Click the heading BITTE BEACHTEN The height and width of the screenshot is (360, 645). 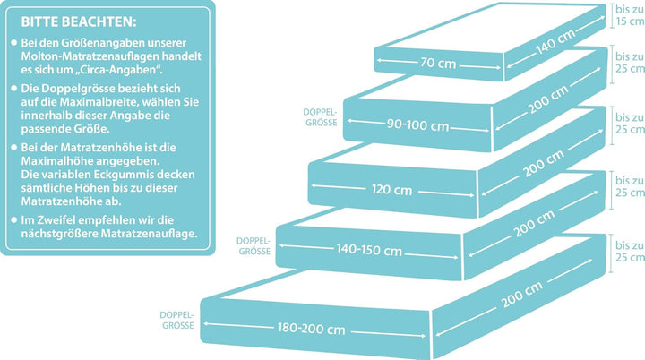[79, 21]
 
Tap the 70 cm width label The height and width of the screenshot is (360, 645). [438, 63]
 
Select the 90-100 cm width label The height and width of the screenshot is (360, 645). [417, 124]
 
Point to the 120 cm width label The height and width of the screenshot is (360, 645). [391, 190]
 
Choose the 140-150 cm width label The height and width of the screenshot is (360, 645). [369, 249]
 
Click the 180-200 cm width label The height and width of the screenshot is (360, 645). [312, 329]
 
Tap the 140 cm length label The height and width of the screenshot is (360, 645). [555, 42]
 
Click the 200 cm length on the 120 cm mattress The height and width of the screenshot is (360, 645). [544, 164]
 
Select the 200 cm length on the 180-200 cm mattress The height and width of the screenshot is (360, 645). [521, 294]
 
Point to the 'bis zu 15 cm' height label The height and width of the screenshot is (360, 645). [630, 15]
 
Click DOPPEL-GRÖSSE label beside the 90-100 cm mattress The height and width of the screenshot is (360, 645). [321, 117]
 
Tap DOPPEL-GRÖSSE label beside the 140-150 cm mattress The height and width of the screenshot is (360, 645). [254, 246]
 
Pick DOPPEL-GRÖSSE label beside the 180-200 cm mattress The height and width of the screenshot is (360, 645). [176, 320]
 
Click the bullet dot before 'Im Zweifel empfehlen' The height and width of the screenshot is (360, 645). [14, 219]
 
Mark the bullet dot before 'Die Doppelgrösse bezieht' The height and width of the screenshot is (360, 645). [14, 88]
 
